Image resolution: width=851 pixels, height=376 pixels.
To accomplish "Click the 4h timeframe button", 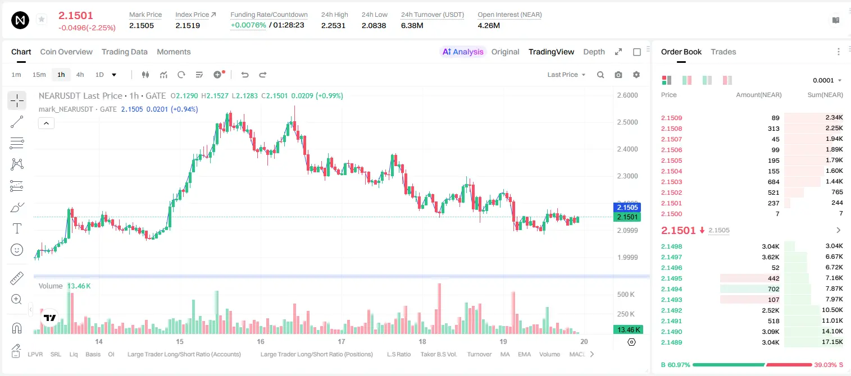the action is (x=80, y=75).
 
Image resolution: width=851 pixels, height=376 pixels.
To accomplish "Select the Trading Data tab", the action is (x=124, y=52).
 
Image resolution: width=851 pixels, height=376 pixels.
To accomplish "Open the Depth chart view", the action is (x=594, y=52).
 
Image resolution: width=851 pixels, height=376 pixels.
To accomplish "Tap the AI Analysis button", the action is (x=463, y=52).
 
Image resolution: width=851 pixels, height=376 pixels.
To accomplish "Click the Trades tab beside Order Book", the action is (x=723, y=52).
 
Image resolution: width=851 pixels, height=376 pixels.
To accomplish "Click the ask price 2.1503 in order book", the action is (x=672, y=182).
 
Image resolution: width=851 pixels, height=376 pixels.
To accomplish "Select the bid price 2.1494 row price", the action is (x=672, y=289).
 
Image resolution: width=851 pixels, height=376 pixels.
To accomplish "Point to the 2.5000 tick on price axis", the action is (x=627, y=122).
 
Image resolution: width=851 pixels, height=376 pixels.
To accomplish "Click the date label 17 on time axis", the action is (x=341, y=341).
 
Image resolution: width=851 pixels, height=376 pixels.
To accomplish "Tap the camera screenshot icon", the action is (x=618, y=75).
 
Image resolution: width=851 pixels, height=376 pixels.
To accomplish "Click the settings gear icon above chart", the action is (x=636, y=75).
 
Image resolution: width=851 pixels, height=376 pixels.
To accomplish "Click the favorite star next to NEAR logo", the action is (x=42, y=19).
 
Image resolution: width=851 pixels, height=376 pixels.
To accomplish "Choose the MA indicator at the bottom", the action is (x=505, y=354).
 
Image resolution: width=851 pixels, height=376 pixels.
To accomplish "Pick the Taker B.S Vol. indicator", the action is (x=438, y=354).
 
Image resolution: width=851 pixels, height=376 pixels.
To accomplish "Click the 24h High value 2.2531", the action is (x=333, y=25).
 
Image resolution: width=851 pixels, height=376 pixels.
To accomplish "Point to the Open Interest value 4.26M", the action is (x=489, y=25).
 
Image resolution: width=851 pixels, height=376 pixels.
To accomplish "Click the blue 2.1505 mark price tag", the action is (x=627, y=207).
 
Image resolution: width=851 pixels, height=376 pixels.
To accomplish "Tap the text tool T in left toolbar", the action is (x=17, y=228).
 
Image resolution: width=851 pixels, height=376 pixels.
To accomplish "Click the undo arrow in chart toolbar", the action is (x=245, y=75).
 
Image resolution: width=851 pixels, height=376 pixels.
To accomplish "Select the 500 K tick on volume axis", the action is (x=626, y=295).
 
